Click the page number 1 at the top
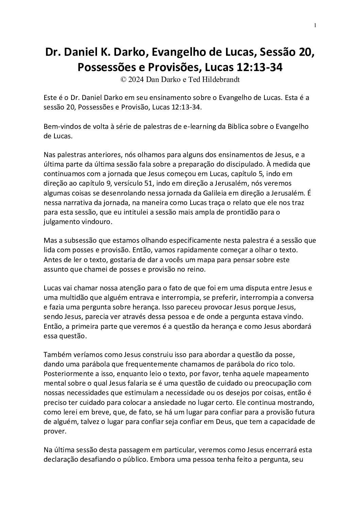click(315, 26)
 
